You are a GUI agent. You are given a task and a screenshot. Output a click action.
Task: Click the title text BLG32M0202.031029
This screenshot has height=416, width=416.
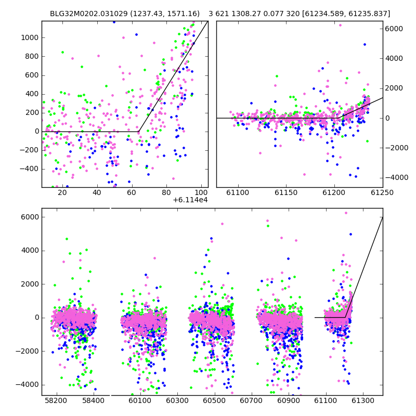point(89,14)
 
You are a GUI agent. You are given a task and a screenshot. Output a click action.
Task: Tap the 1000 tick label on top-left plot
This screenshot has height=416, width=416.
point(30,37)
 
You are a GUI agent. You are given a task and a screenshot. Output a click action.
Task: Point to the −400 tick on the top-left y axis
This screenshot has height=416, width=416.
point(29,169)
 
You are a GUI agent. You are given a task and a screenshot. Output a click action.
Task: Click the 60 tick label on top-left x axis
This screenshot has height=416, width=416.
point(132,192)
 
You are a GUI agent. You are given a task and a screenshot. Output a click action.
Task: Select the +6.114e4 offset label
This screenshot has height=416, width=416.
point(190,200)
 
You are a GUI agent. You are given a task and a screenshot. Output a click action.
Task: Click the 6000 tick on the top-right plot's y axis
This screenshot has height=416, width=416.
point(394,29)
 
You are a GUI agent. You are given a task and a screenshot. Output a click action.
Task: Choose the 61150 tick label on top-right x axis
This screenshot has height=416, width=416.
point(287,192)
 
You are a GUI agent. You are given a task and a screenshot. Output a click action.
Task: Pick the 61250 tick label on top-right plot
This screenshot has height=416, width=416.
point(382,192)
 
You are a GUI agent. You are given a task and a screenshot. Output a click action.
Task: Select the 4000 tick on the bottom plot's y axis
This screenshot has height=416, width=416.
point(30,251)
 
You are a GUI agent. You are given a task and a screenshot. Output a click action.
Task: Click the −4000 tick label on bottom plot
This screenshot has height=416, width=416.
point(27,385)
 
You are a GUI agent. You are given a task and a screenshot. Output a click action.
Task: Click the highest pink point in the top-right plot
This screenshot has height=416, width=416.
point(340,25)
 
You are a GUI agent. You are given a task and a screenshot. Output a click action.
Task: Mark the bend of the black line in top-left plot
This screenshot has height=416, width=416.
point(139,132)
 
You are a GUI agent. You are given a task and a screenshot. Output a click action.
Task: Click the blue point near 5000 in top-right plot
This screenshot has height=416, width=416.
point(365,45)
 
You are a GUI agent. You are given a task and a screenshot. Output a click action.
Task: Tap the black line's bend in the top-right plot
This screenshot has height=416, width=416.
point(339,118)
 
